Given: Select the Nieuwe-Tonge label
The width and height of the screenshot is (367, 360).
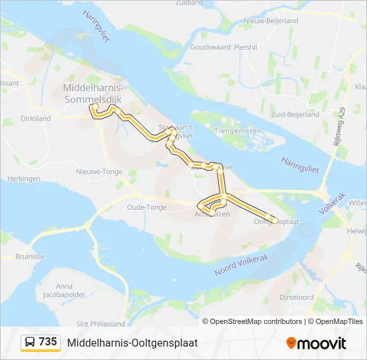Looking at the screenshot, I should click(x=99, y=171).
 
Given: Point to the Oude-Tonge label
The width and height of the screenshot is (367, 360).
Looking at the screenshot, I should click(x=146, y=207).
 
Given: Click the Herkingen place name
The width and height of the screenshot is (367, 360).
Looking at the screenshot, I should click(x=23, y=179).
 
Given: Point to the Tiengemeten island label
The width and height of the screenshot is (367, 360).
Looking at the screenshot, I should click(x=237, y=131).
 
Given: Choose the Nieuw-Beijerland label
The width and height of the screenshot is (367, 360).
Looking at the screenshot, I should click(x=270, y=21).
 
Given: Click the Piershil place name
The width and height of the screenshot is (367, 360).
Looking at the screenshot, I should click(x=246, y=47).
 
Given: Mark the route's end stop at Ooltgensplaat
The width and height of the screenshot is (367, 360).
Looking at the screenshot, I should click(x=274, y=220).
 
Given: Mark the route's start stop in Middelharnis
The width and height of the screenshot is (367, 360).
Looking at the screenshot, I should click(x=95, y=107).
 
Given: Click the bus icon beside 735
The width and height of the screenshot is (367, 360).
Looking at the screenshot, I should click(x=30, y=342).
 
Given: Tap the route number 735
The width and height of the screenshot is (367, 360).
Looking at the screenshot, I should click(x=48, y=342).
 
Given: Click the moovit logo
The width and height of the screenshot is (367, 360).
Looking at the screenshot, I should click(x=316, y=343).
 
